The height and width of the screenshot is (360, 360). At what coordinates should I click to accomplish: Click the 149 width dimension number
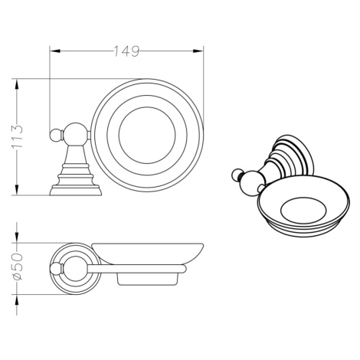click(126, 51)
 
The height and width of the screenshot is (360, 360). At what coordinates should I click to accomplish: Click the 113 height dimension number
click(17, 136)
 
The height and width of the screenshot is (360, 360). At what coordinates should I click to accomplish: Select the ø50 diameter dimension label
click(17, 267)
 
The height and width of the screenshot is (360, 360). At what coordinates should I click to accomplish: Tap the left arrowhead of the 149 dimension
click(55, 51)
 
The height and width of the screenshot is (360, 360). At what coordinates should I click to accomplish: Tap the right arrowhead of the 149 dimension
click(198, 51)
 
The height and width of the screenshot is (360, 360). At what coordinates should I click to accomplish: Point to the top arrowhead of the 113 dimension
click(17, 84)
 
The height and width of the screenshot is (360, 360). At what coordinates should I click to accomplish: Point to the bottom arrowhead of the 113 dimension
click(17, 190)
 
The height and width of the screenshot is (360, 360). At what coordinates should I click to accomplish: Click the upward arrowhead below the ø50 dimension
click(17, 300)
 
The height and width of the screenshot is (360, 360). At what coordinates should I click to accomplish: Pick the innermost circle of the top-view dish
click(147, 107)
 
